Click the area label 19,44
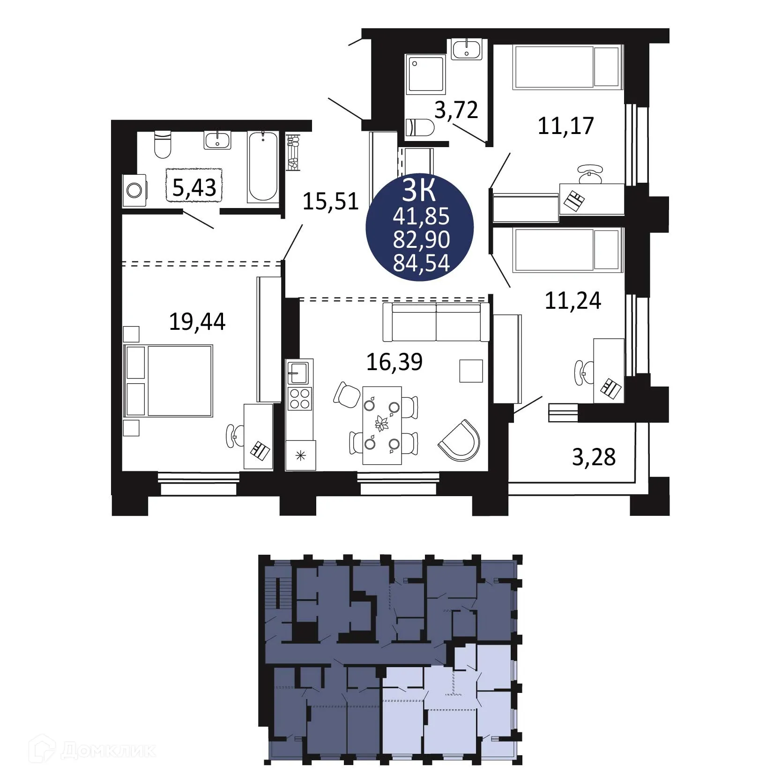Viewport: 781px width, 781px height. point(197,322)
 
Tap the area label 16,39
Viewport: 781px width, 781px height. point(394,362)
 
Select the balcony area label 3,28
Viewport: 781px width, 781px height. point(594,457)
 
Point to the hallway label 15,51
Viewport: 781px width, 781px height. point(331,201)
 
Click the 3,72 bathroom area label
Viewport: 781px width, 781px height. point(456,110)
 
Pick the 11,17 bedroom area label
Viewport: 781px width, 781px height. point(566,126)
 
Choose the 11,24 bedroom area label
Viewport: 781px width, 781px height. point(573,301)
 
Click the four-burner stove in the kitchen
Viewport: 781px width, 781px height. point(300,399)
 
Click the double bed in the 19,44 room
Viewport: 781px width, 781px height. point(169,381)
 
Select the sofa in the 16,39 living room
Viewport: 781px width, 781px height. point(436,322)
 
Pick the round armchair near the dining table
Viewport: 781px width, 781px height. point(460,440)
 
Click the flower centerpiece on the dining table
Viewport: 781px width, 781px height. point(382,424)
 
